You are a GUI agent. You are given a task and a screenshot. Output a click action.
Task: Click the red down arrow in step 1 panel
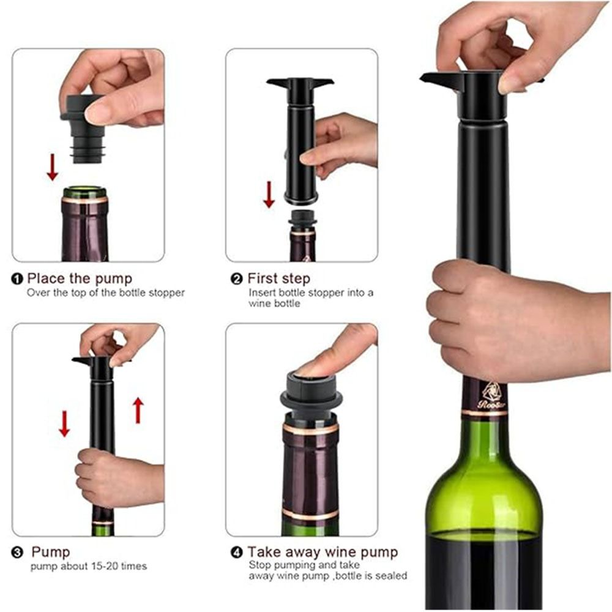[53, 167]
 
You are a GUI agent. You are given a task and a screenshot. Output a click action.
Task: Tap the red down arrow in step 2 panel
[269, 194]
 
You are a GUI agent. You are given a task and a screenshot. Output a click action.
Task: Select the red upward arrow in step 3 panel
[138, 409]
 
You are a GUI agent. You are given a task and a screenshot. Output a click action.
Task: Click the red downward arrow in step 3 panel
[64, 423]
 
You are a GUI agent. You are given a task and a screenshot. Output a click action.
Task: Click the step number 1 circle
[17, 280]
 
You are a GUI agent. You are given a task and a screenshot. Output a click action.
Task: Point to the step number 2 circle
[237, 280]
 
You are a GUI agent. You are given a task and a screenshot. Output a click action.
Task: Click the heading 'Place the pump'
[80, 279]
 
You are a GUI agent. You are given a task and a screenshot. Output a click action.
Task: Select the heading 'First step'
[278, 279]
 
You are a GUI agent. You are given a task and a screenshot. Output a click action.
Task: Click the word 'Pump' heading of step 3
[50, 553]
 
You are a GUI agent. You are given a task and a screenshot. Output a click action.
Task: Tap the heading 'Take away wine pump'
[323, 553]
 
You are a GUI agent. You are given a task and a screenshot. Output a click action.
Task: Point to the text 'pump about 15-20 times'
[89, 566]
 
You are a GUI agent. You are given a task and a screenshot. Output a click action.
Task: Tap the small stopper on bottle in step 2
[302, 218]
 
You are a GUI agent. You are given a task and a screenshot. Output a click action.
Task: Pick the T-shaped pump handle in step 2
[300, 82]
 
